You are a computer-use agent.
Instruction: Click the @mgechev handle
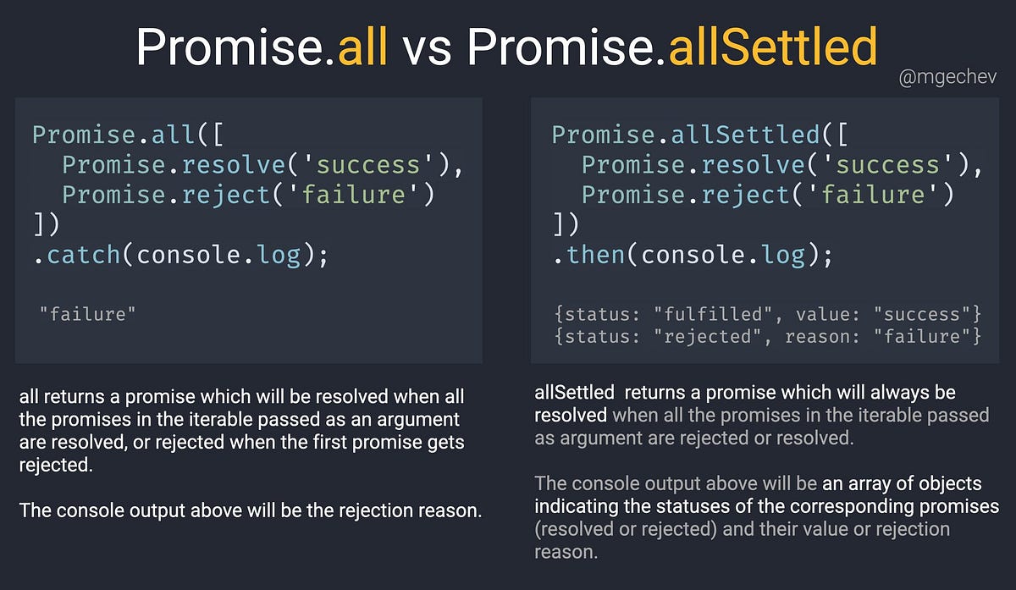[947, 78]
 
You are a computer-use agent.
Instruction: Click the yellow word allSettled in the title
[773, 47]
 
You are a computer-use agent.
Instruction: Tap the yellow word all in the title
[362, 47]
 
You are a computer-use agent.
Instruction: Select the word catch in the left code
[84, 255]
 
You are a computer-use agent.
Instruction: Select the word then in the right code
[596, 255]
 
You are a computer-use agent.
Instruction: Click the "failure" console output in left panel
[87, 314]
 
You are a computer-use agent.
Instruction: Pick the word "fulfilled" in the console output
[713, 314]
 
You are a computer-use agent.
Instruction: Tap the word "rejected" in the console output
[708, 337]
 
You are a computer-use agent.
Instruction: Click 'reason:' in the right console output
[822, 337]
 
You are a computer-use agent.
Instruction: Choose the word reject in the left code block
[226, 196]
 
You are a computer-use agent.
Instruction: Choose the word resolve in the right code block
[754, 164]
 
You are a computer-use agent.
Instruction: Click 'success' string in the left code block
[367, 164]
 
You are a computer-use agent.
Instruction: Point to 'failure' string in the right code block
[873, 195]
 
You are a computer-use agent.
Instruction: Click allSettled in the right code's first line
[746, 135]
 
